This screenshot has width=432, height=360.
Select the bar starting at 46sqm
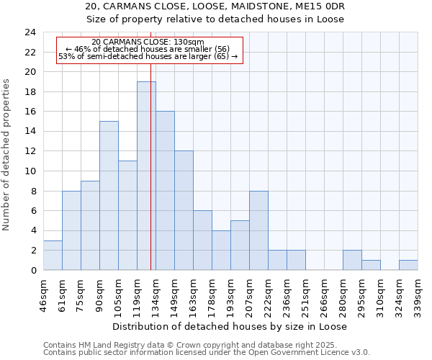(53, 255)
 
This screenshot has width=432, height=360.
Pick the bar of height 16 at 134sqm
(165, 191)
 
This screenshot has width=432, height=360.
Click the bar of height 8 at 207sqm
(258, 230)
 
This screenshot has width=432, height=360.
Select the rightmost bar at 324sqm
(408, 265)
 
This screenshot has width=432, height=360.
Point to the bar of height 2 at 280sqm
(352, 260)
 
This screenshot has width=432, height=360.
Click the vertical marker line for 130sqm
(150, 108)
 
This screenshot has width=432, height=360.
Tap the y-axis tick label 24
(30, 32)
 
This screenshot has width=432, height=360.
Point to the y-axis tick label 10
(30, 171)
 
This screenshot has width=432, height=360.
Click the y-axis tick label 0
(32, 271)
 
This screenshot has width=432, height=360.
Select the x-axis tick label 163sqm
(193, 296)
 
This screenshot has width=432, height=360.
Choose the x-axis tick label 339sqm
(418, 296)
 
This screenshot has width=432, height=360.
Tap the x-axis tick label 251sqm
(305, 296)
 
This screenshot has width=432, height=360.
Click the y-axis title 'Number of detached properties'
(7, 151)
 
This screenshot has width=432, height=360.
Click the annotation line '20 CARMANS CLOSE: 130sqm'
(148, 42)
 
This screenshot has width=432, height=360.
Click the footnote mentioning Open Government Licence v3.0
(207, 352)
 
